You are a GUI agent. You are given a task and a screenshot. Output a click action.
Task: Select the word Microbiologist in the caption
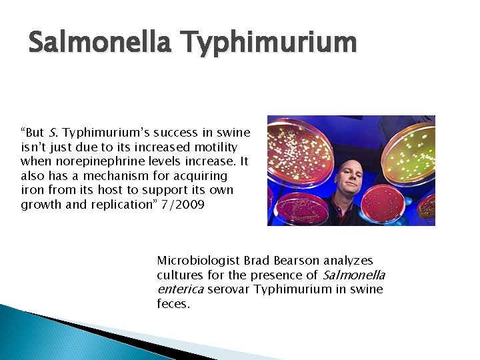(x=198, y=261)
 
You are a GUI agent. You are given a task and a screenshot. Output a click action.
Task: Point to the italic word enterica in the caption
(x=180, y=289)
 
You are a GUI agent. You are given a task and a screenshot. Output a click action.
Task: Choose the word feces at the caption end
(x=172, y=304)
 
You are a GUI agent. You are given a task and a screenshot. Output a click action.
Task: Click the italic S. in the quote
(x=53, y=132)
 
